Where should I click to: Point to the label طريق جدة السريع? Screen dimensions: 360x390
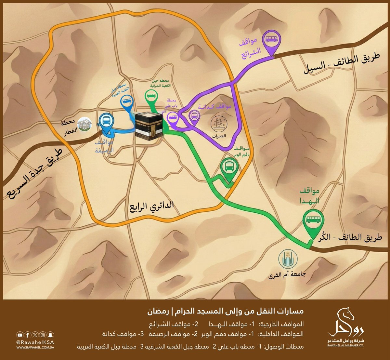point(31,174)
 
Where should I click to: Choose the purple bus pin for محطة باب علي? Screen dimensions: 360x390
point(172,117)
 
